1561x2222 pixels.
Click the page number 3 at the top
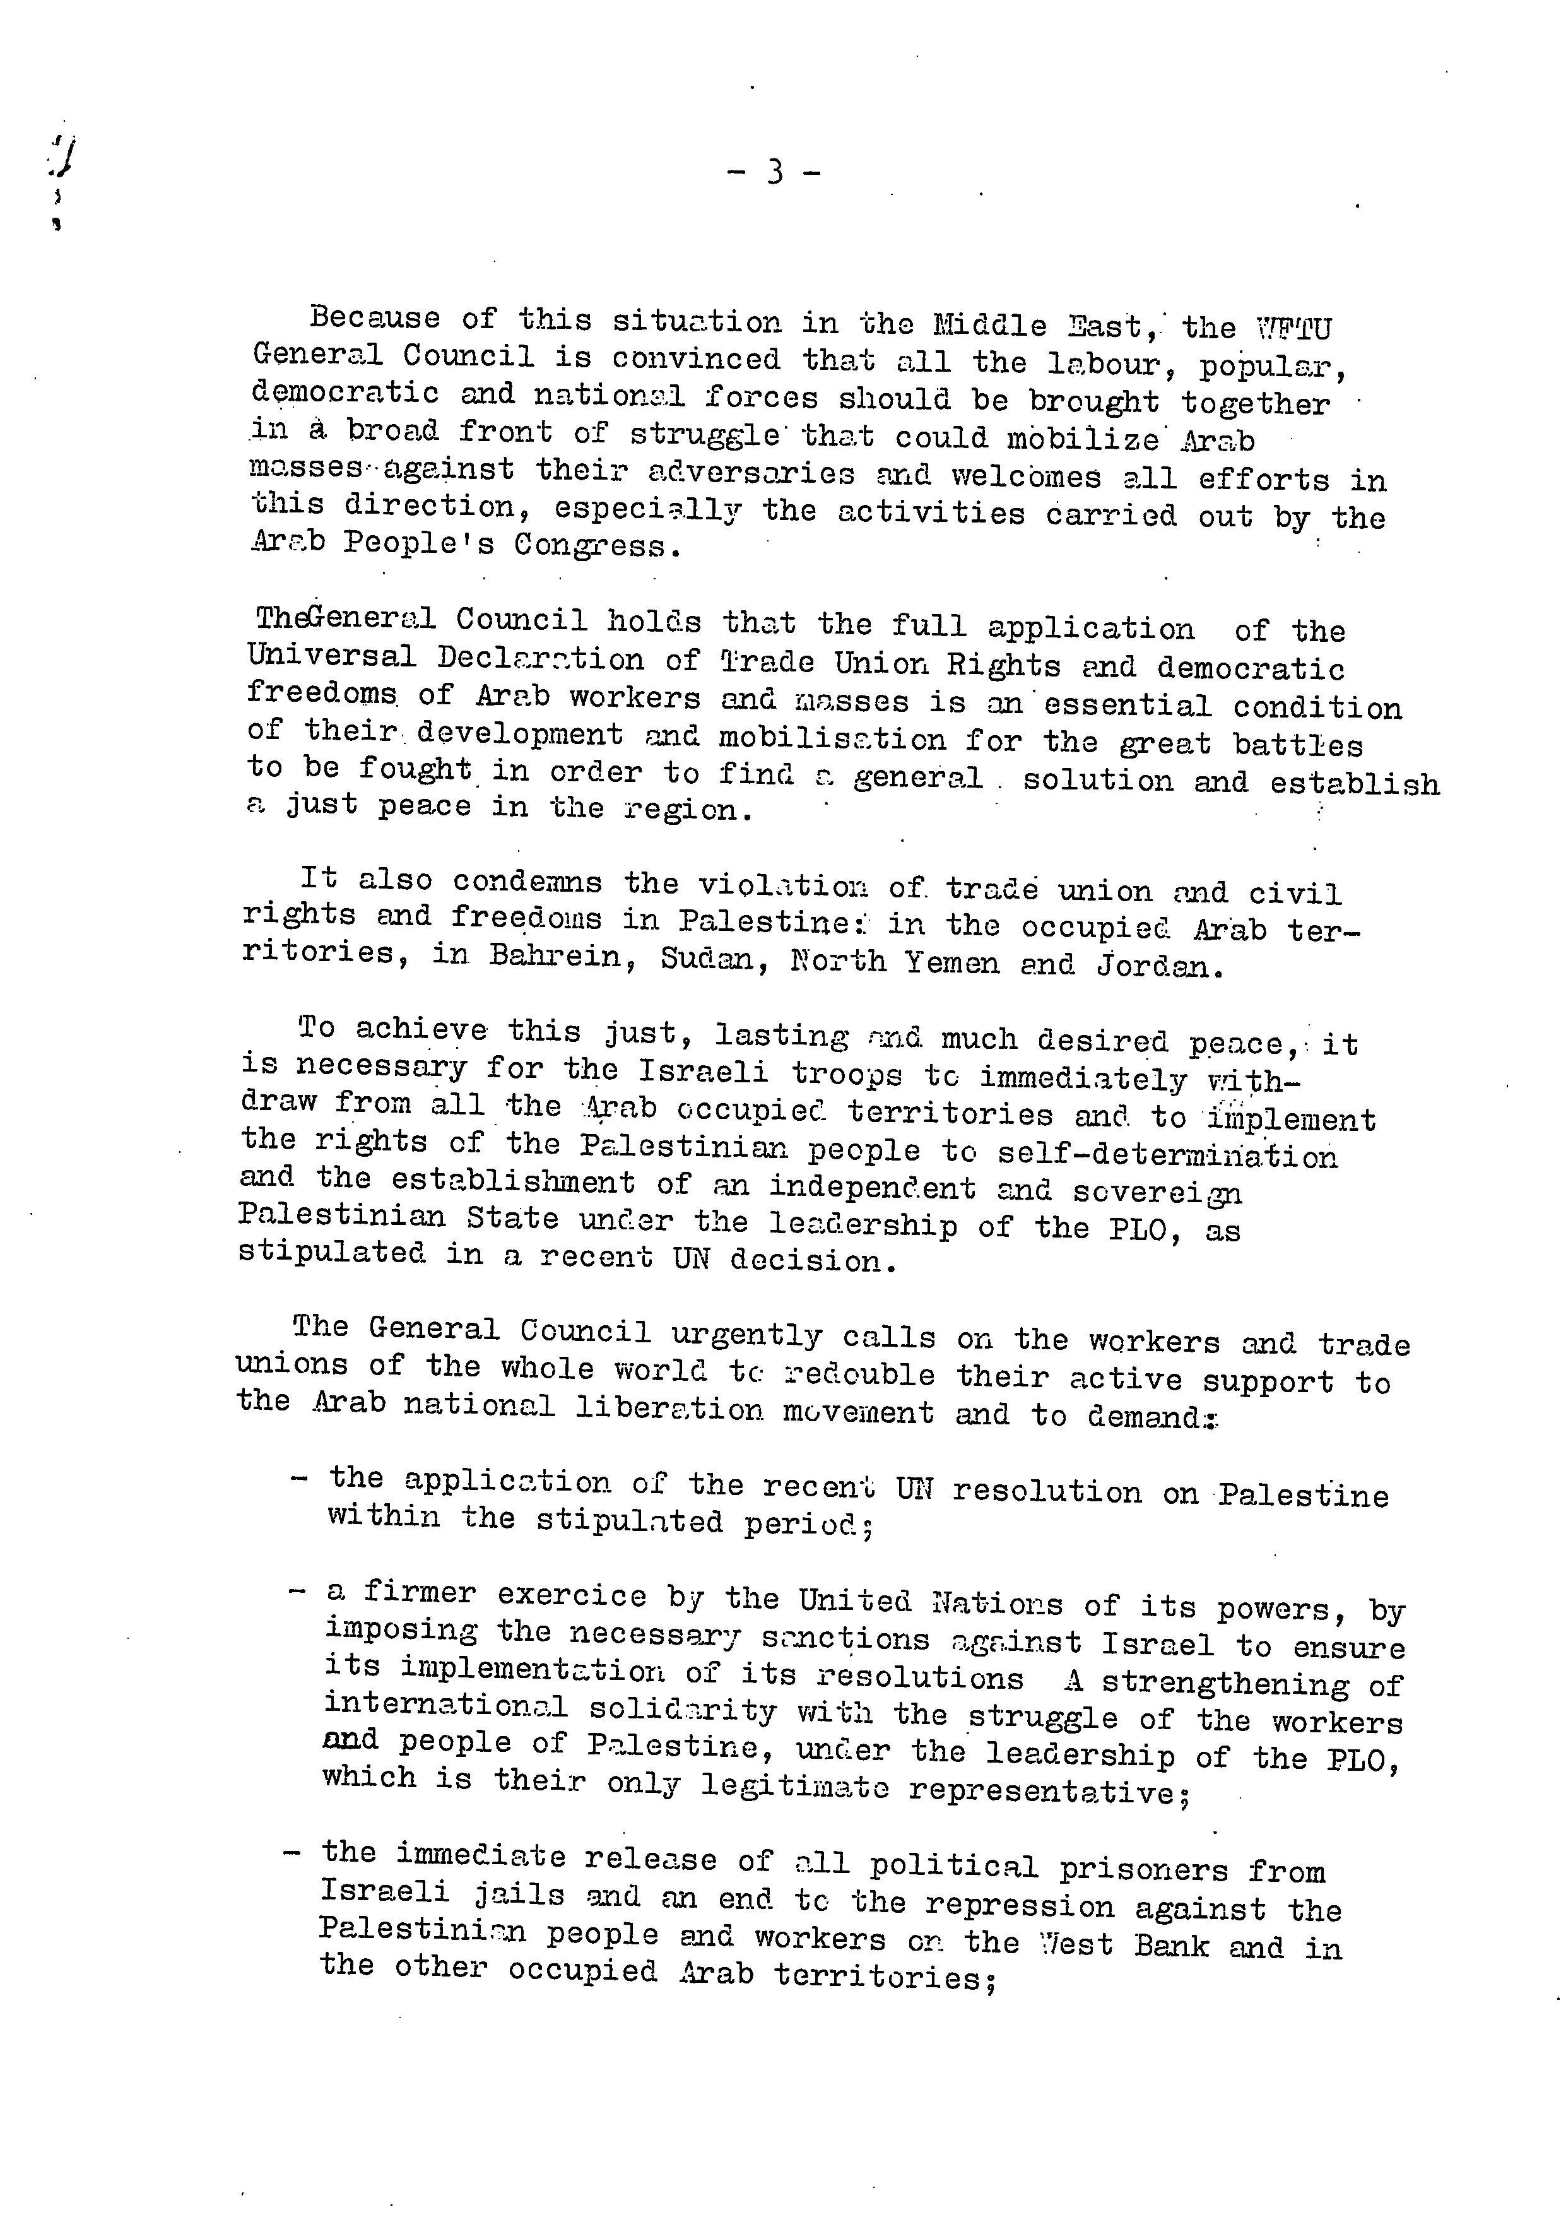coord(774,174)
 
